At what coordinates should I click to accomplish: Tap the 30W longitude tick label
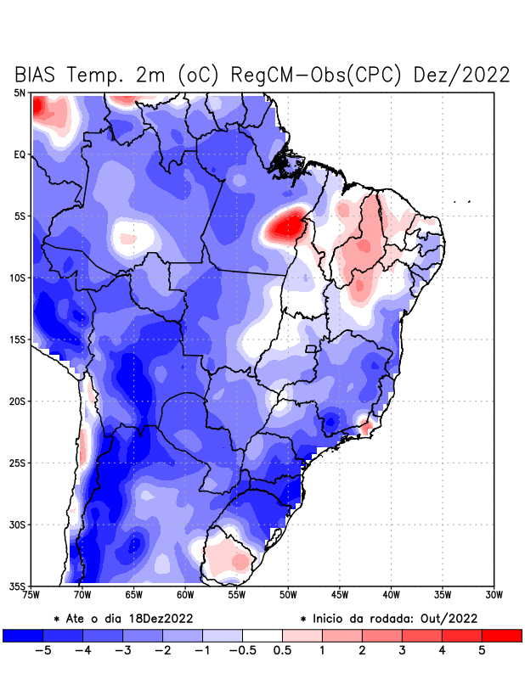[494, 594]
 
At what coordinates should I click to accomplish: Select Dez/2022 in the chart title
[462, 75]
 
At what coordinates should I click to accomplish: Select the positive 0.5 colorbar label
[282, 651]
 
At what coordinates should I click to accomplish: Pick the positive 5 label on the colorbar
[482, 651]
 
